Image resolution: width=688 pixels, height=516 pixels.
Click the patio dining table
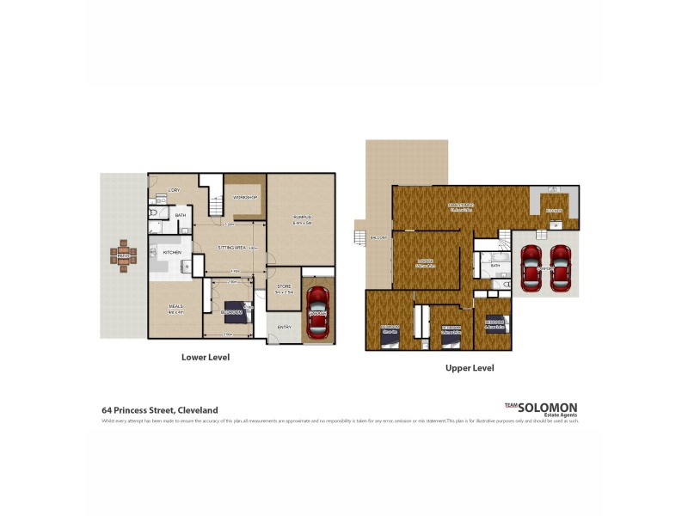point(123,255)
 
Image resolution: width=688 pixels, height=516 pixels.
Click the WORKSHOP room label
point(244,198)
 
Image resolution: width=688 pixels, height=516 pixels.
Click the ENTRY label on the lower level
point(284,327)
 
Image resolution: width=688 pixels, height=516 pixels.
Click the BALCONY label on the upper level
point(375,238)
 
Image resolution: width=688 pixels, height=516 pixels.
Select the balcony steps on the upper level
point(359,235)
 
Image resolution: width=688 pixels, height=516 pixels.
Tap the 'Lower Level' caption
point(205,356)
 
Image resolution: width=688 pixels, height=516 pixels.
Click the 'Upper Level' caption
point(469,367)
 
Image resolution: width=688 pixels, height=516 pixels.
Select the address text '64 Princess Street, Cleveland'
point(160,410)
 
